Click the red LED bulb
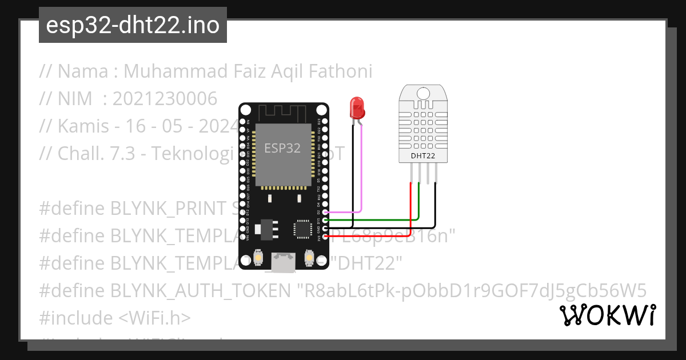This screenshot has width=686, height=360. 357,107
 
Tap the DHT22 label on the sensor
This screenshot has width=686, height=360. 423,155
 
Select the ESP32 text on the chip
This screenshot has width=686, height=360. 282,148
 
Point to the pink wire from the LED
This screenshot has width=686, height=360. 361,171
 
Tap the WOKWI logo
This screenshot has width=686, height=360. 608,315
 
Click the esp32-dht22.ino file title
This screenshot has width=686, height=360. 133,25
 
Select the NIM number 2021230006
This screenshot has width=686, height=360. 165,99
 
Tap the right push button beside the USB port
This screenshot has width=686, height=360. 309,259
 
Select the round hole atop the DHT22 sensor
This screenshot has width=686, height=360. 423,93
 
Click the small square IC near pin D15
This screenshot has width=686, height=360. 301,229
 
